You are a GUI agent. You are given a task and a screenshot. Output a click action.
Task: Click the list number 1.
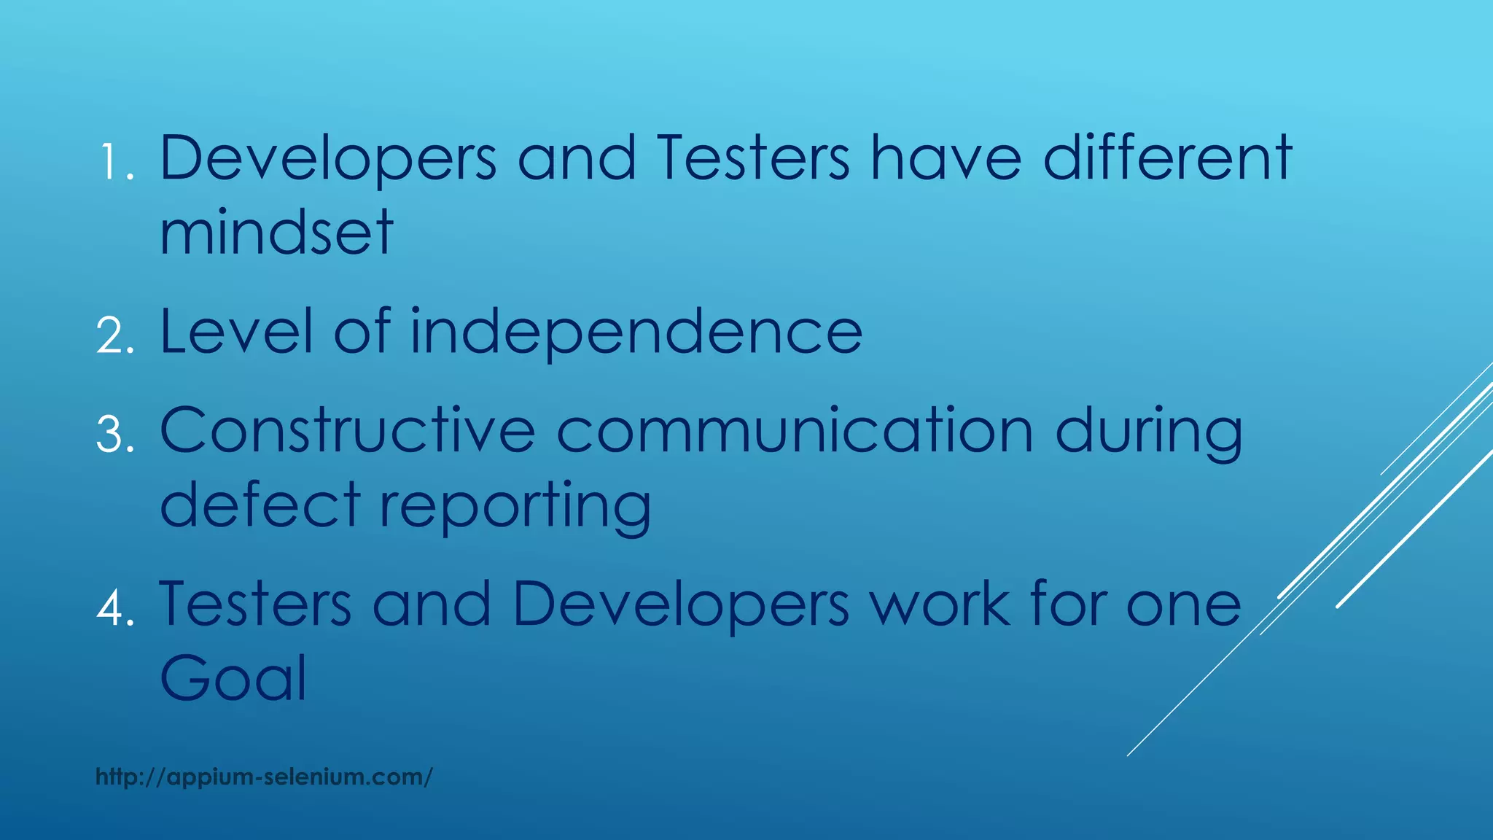(x=115, y=162)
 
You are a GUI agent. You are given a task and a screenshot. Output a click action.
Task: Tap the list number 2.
(x=115, y=336)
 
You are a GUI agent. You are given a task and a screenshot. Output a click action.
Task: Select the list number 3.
(x=115, y=435)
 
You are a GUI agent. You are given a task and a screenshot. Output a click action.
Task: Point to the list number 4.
(x=115, y=608)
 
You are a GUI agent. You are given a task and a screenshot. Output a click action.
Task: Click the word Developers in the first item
(x=328, y=159)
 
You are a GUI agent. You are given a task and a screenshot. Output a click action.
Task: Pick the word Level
(x=236, y=332)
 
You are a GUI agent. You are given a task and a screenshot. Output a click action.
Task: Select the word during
(x=1148, y=433)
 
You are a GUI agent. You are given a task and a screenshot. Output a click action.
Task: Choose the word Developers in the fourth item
(x=681, y=606)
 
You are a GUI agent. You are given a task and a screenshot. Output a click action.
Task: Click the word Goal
(x=233, y=678)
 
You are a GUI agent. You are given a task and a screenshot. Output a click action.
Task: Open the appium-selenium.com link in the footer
(x=264, y=777)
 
